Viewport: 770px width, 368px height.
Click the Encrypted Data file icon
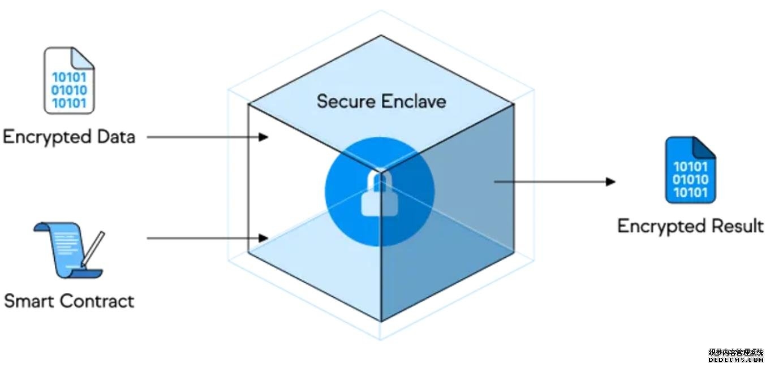pos(69,80)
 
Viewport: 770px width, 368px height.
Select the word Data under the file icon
pos(115,137)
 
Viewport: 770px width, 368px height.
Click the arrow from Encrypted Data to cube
pos(207,137)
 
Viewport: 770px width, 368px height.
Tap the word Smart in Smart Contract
pos(30,301)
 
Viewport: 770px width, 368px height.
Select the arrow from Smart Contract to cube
pos(207,238)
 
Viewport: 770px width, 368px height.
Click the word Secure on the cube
pos(346,101)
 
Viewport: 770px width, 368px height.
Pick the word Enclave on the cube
pos(414,101)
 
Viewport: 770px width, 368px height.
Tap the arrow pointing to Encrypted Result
pos(554,181)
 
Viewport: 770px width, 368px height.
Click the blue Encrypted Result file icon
pos(690,170)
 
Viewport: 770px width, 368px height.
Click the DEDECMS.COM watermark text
pos(736,360)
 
